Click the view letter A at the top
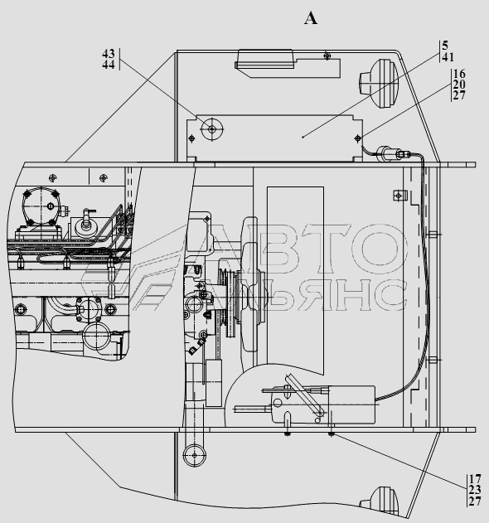click(311, 18)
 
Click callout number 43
click(109, 53)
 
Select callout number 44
click(109, 65)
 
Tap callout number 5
click(445, 46)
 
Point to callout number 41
click(448, 57)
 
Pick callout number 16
click(459, 74)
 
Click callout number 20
click(459, 85)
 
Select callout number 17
click(475, 479)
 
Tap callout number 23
click(475, 490)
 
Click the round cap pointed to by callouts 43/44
click(212, 128)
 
